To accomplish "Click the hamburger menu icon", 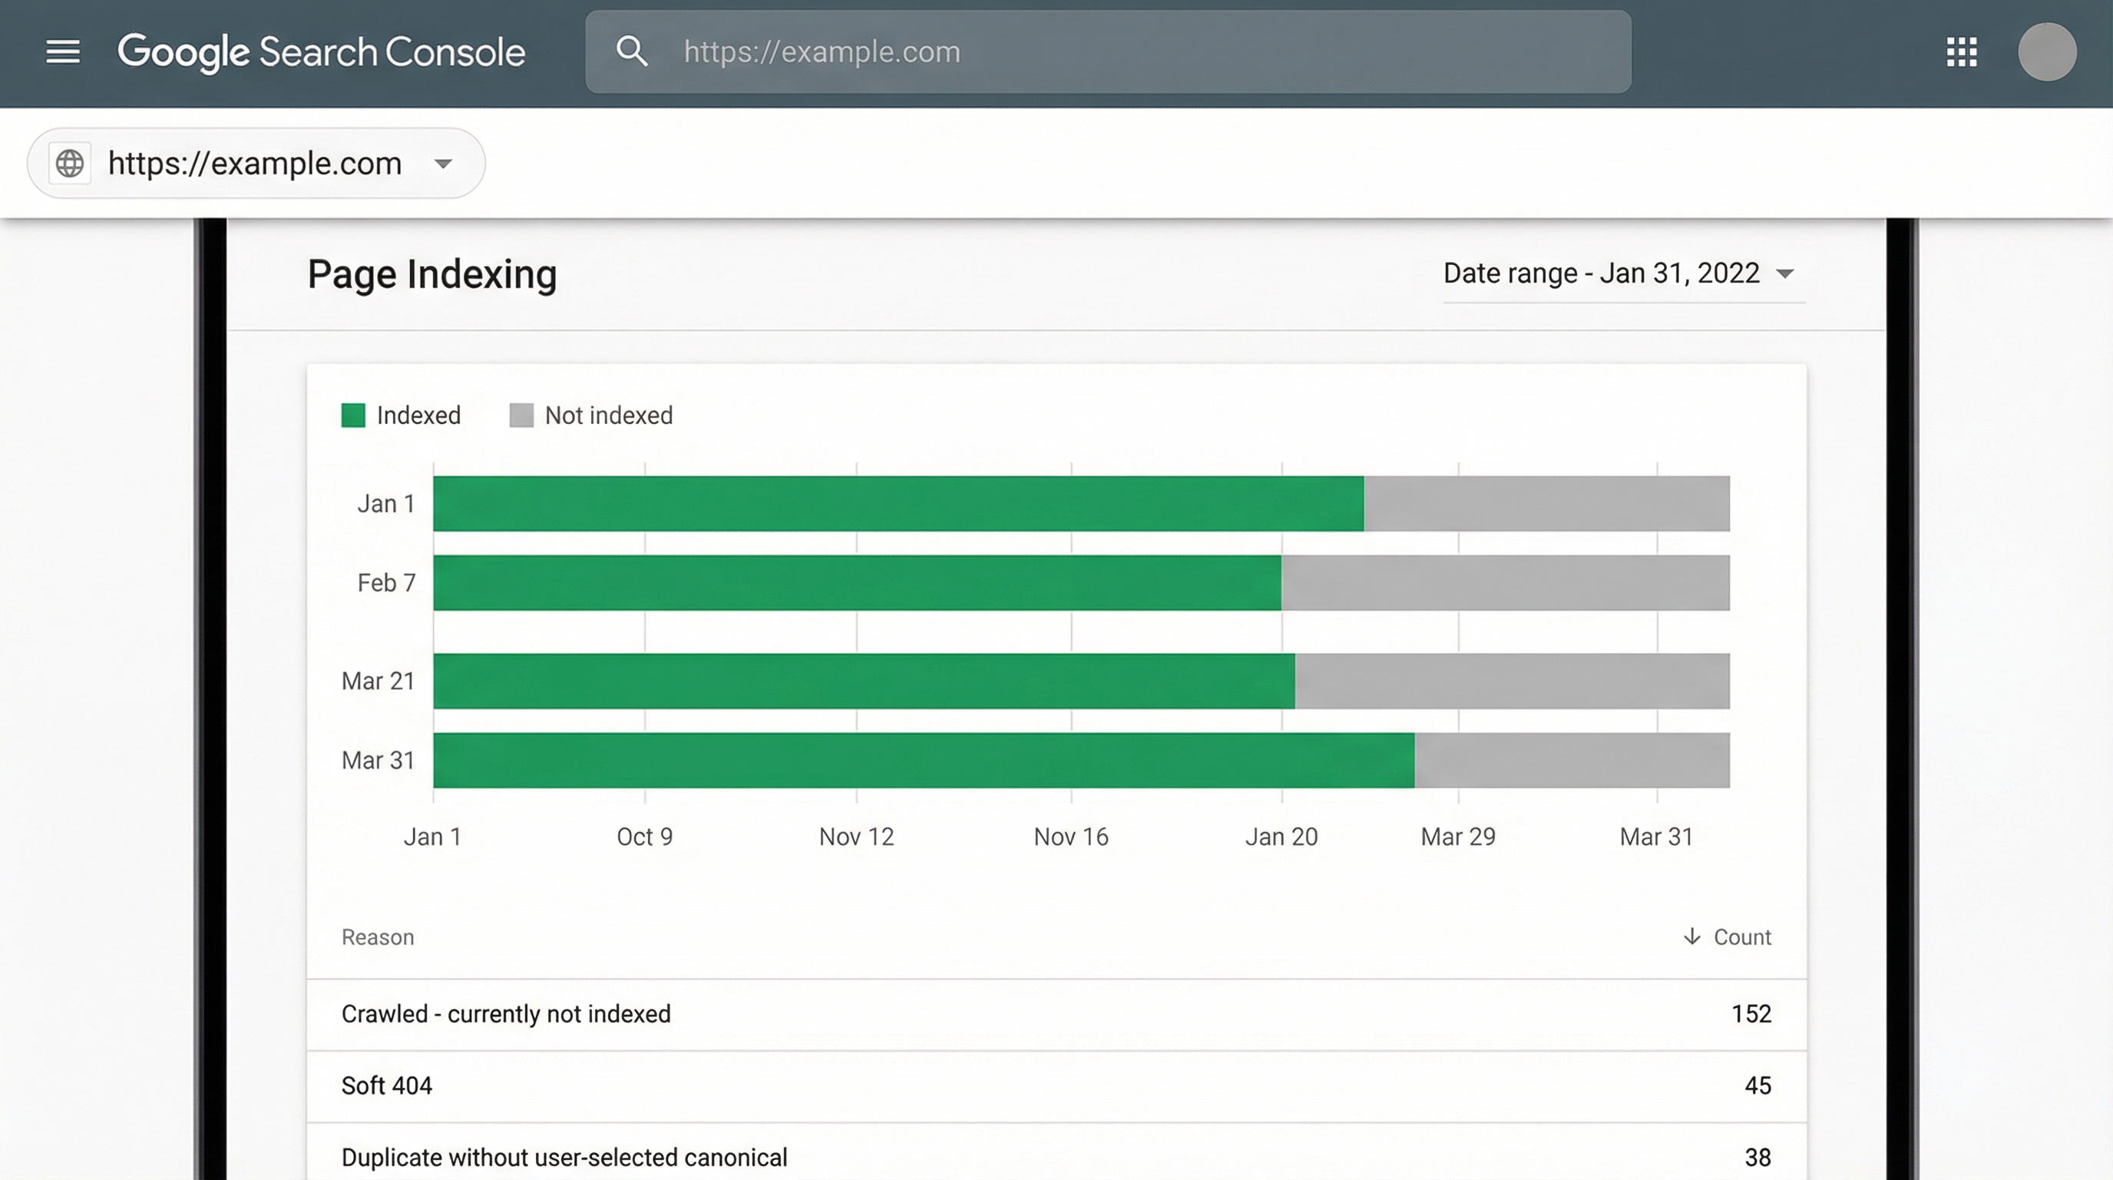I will pyautogui.click(x=62, y=51).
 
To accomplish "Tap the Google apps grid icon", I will pyautogui.click(x=1961, y=51).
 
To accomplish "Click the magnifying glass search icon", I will pyautogui.click(x=631, y=51).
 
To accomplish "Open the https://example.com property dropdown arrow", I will pyautogui.click(x=443, y=164).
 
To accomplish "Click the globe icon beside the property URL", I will pyautogui.click(x=70, y=164).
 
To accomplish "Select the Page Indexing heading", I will pyautogui.click(x=432, y=274).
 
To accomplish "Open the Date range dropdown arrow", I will pyautogui.click(x=1785, y=274).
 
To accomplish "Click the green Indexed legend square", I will pyautogui.click(x=352, y=415).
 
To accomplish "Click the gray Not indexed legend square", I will pyautogui.click(x=521, y=415).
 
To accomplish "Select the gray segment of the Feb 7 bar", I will pyautogui.click(x=1504, y=582).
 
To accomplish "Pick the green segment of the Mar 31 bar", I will pyautogui.click(x=923, y=760).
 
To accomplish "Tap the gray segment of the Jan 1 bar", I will pyautogui.click(x=1546, y=503).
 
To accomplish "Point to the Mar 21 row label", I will pyautogui.click(x=377, y=681).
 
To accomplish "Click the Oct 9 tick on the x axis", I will pyautogui.click(x=645, y=836).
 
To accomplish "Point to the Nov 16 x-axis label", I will pyautogui.click(x=1070, y=836).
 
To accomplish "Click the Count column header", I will pyautogui.click(x=1741, y=937).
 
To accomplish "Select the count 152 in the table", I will pyautogui.click(x=1751, y=1014).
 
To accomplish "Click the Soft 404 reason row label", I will pyautogui.click(x=386, y=1086).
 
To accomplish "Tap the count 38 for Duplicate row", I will pyautogui.click(x=1757, y=1157).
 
